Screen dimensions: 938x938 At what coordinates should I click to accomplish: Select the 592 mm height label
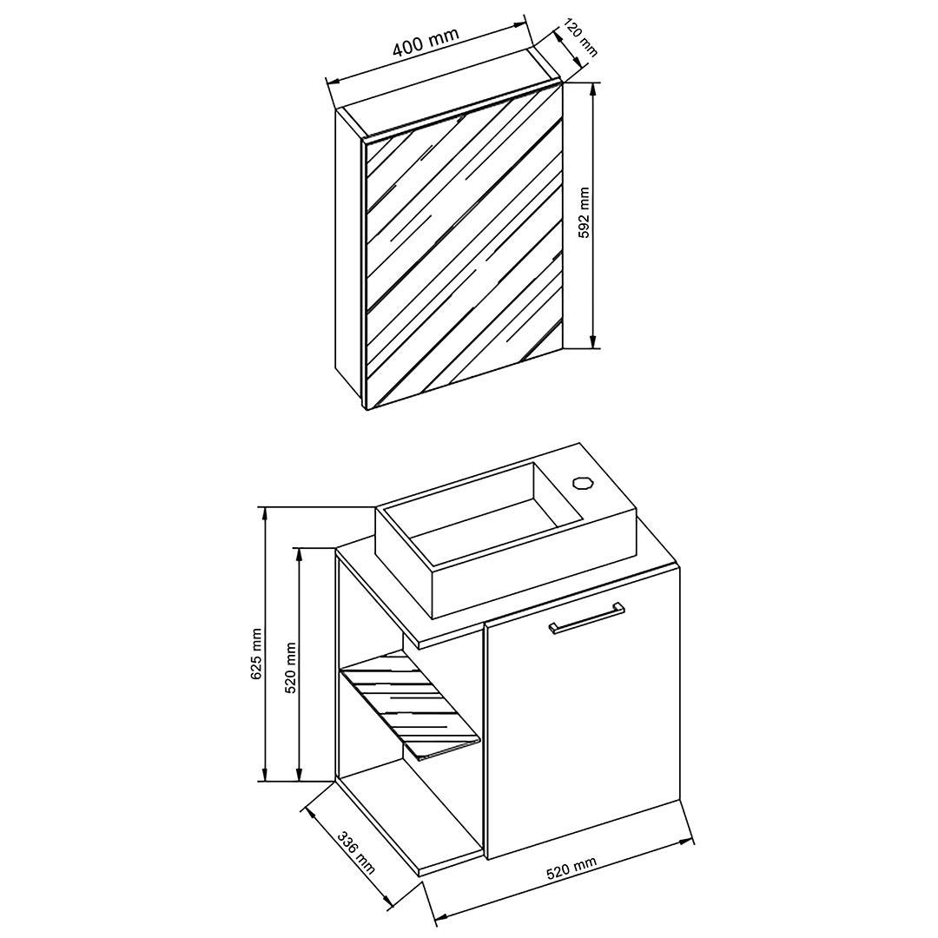[x=585, y=213]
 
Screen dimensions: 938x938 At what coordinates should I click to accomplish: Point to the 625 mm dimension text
[x=256, y=653]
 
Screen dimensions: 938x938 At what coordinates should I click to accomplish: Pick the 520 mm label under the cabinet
[x=571, y=869]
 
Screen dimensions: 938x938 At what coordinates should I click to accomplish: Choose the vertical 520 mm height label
[x=292, y=667]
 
